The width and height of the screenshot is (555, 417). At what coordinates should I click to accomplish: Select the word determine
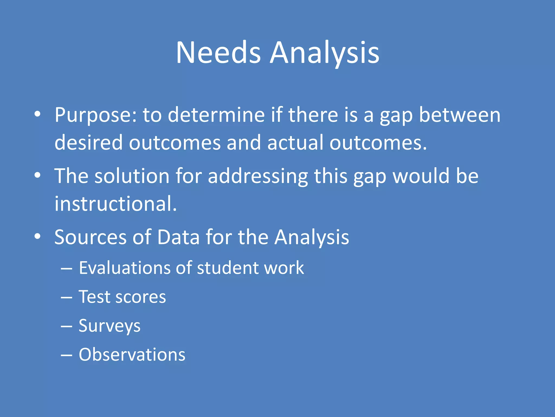[216, 115]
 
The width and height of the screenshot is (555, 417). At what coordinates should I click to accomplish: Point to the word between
[460, 115]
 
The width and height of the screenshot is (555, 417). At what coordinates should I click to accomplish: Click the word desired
[89, 142]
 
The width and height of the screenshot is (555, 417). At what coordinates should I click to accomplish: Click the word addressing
[258, 176]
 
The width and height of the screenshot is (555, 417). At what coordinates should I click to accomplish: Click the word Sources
[91, 237]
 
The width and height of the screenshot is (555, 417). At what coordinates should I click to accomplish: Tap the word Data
[178, 237]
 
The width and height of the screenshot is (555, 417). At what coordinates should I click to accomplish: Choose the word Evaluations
[125, 268]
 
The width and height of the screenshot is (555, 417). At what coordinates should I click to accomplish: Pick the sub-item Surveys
[109, 326]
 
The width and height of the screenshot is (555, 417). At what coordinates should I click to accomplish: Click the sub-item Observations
[132, 355]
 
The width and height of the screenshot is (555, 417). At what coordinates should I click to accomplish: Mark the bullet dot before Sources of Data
[38, 236]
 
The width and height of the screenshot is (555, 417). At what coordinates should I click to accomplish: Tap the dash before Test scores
[66, 298]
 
